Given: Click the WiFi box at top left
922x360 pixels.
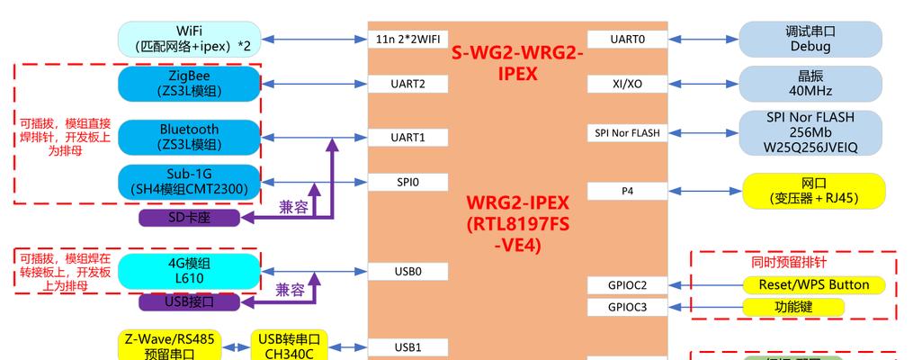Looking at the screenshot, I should (189, 39).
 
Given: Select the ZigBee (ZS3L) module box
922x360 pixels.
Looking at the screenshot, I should (189, 84).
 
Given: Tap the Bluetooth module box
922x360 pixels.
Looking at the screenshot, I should (189, 137).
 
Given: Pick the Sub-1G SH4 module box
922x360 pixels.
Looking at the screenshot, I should (189, 181).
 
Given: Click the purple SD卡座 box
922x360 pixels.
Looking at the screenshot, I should (189, 217).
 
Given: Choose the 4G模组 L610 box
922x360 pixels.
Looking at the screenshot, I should (189, 270).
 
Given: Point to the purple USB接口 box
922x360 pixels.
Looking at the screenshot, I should (189, 301).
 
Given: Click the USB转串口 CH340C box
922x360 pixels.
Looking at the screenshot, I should (289, 346).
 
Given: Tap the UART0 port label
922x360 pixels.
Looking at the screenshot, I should (628, 39).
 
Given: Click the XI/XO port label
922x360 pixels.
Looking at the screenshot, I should (628, 84).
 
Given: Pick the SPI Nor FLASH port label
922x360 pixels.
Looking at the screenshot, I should (628, 132).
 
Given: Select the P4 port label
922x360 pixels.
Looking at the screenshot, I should (628, 191).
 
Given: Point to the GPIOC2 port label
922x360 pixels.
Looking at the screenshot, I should (628, 285).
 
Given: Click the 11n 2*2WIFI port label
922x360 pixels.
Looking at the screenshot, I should (407, 39).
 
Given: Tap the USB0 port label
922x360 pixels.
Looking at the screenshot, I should (407, 270).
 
